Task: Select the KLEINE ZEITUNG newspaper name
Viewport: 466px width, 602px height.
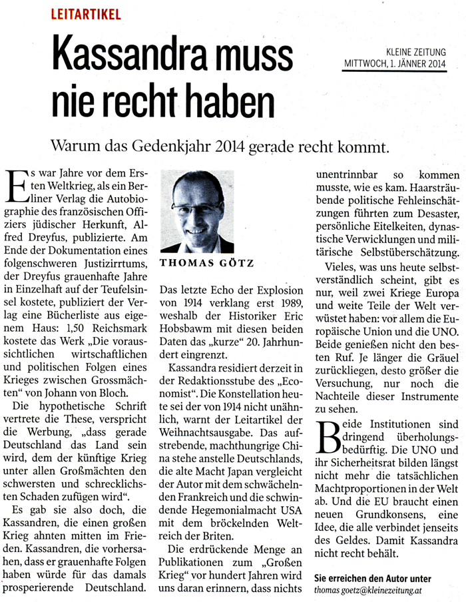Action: pyautogui.click(x=415, y=51)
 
